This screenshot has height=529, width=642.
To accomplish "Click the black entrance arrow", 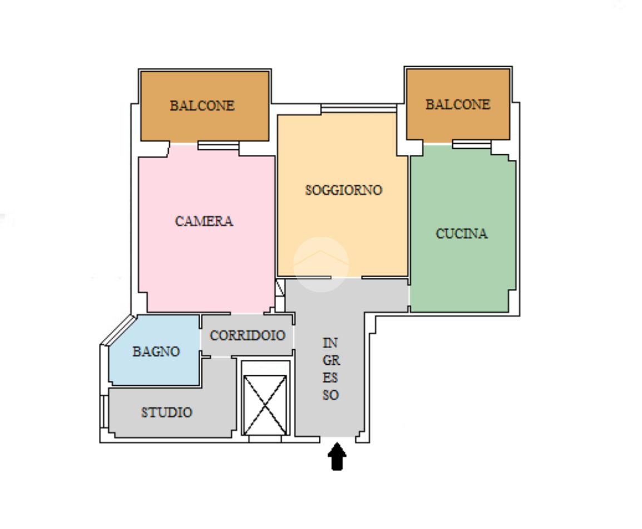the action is pyautogui.click(x=337, y=457).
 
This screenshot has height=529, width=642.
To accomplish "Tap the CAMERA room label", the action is pyautogui.click(x=204, y=221).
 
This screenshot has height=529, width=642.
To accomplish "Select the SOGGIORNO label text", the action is pyautogui.click(x=343, y=190).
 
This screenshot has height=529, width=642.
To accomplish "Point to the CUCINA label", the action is pyautogui.click(x=461, y=234).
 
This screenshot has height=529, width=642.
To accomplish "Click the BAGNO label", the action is pyautogui.click(x=156, y=352).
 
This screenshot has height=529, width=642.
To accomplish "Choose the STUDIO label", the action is pyautogui.click(x=166, y=413).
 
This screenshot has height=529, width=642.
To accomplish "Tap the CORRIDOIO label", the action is pyautogui.click(x=247, y=335).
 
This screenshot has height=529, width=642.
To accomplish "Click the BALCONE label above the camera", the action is pyautogui.click(x=202, y=106).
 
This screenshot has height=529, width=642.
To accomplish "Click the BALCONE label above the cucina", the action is pyautogui.click(x=458, y=105).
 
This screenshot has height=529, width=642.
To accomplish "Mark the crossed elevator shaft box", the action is pyautogui.click(x=265, y=405).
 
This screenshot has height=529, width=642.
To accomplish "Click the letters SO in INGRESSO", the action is pyautogui.click(x=330, y=395).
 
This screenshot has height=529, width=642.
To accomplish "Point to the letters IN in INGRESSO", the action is pyautogui.click(x=330, y=343).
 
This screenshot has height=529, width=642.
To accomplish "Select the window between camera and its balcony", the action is pyautogui.click(x=218, y=145).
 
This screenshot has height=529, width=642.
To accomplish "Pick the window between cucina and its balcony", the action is pyautogui.click(x=471, y=144).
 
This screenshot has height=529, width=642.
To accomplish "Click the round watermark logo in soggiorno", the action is pyautogui.click(x=321, y=264).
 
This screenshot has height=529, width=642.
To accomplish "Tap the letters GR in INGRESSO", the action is pyautogui.click(x=330, y=360).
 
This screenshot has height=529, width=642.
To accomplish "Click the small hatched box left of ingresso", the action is pyautogui.click(x=280, y=288).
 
